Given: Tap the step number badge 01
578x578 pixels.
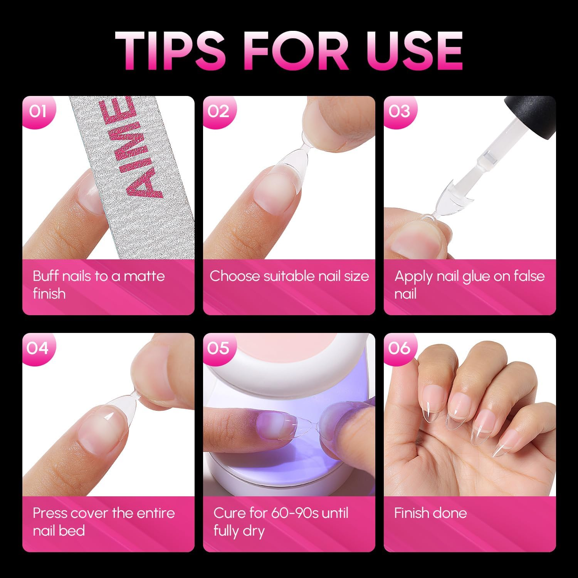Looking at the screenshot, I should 37,111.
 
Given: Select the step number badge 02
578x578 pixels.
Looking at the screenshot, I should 218,111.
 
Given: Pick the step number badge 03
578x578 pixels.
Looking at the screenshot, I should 399,111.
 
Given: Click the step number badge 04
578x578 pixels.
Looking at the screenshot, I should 37,348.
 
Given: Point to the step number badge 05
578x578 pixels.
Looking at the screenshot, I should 218,348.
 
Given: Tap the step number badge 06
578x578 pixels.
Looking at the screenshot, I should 399,348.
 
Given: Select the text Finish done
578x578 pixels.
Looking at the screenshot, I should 430,513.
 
